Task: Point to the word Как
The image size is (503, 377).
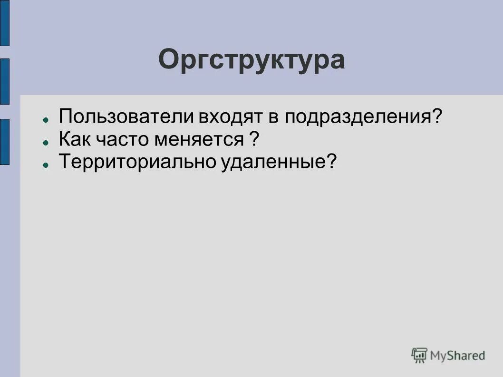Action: coord(75,140)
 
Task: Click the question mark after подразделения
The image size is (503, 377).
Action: coord(437,117)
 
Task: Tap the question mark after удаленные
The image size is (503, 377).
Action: coord(331,162)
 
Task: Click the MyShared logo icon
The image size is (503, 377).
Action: coord(419,355)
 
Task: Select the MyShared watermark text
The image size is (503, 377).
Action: coord(457,355)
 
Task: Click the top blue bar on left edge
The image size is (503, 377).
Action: coord(4,23)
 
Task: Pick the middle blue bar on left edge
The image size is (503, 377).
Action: coord(4,81)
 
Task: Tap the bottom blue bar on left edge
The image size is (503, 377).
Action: coord(4,142)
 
